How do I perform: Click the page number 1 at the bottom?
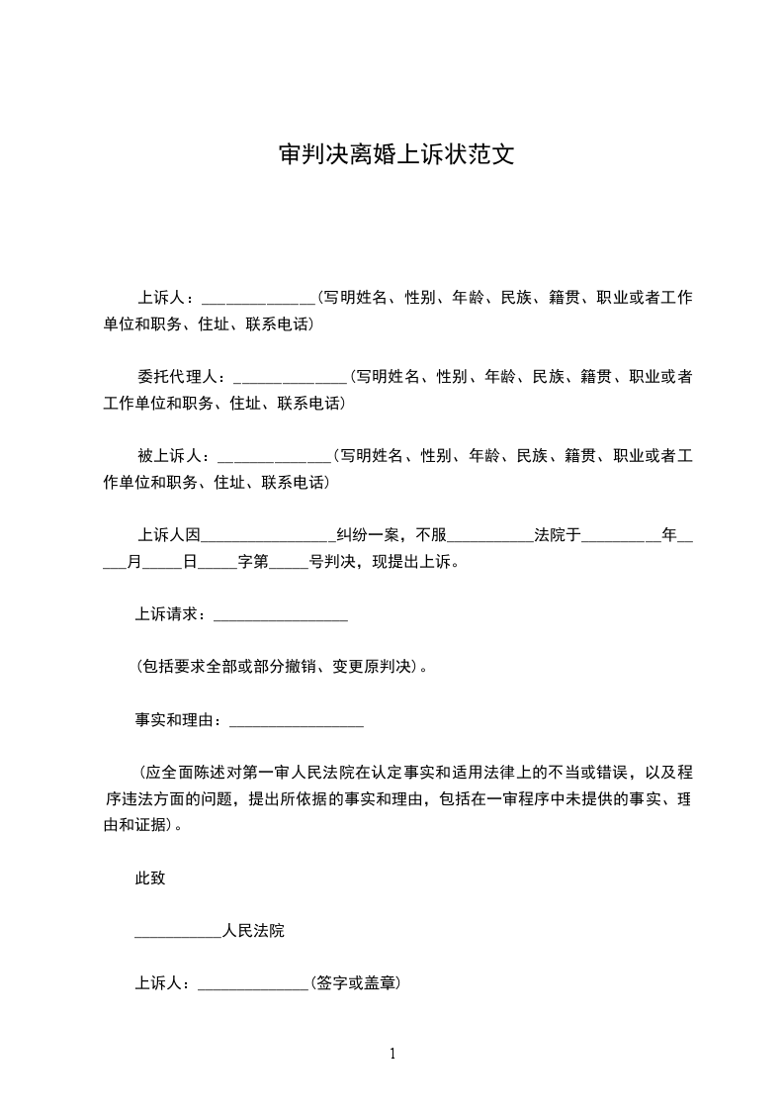point(392,1054)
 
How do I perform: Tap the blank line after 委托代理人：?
point(289,378)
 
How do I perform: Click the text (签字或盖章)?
point(355,984)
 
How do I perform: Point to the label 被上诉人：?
point(173,456)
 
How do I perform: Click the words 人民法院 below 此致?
point(254,932)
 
